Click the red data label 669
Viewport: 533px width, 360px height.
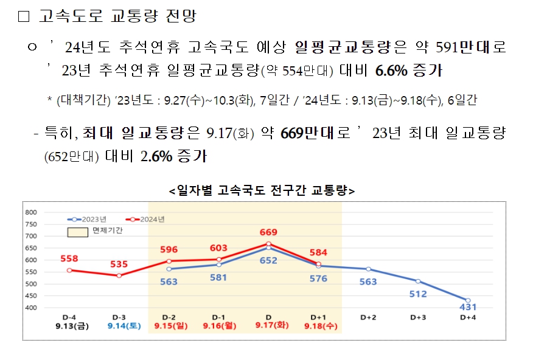(268, 232)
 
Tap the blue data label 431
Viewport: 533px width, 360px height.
(467, 307)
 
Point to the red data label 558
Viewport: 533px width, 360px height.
(69, 258)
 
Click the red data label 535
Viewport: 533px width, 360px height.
(119, 264)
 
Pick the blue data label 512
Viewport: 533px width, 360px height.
(417, 294)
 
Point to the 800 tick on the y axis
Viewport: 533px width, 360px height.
(32, 212)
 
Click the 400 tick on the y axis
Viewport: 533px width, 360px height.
(32, 308)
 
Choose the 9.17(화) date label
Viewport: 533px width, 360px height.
(268, 326)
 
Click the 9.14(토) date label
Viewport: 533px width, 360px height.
(119, 326)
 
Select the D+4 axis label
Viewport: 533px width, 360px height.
(467, 317)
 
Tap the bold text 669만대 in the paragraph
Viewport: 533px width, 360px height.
(308, 134)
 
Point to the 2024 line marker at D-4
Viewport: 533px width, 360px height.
(69, 270)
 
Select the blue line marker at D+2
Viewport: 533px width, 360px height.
(368, 269)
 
